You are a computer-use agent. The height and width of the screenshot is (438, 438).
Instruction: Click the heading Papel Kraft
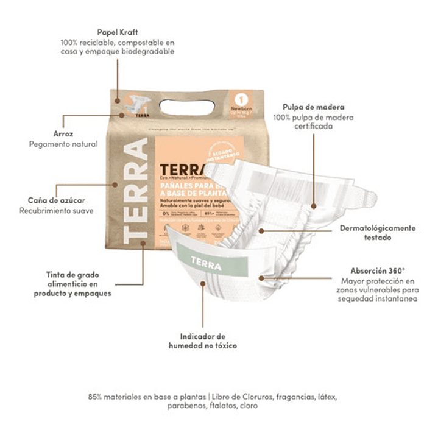(117, 32)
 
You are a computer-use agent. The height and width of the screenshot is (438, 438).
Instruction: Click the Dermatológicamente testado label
(378, 233)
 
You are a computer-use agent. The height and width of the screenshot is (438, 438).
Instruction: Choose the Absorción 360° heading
(378, 270)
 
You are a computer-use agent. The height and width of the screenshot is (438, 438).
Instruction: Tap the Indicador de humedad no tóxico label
(203, 341)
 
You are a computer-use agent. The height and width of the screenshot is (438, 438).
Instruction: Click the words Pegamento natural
(63, 144)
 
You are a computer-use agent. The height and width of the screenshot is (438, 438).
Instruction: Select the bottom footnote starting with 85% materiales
(212, 401)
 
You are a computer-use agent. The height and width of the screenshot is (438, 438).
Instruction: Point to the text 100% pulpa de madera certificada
(313, 122)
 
